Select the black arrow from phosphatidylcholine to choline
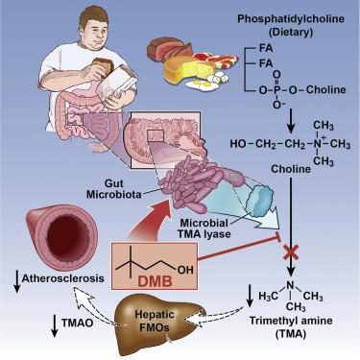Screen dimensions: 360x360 point(289,113)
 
